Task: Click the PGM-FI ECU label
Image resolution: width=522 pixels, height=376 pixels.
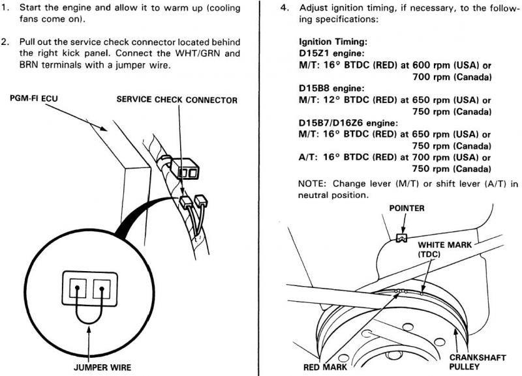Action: pyautogui.click(x=34, y=99)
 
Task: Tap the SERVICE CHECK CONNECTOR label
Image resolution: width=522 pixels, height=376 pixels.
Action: pyautogui.click(x=177, y=100)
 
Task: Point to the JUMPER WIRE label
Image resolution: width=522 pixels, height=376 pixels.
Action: pyautogui.click(x=102, y=368)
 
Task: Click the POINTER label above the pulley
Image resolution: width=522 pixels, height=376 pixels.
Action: pyautogui.click(x=407, y=209)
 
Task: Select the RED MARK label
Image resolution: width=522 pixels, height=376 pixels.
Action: pyautogui.click(x=325, y=367)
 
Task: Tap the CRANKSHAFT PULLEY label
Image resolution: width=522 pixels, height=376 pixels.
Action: pyautogui.click(x=478, y=362)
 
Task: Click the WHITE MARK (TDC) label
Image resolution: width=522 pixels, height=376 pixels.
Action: pyautogui.click(x=445, y=250)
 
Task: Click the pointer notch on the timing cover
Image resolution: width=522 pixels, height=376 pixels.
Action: pyautogui.click(x=402, y=237)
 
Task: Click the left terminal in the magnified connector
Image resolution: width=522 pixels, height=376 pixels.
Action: pyautogui.click(x=78, y=288)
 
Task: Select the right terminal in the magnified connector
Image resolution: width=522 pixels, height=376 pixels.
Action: pyautogui.click(x=102, y=288)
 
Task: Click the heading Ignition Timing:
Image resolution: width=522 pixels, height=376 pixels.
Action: pyautogui.click(x=333, y=42)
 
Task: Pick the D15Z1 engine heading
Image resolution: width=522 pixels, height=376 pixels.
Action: pyautogui.click(x=331, y=53)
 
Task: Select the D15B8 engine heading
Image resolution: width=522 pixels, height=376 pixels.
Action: pyautogui.click(x=331, y=88)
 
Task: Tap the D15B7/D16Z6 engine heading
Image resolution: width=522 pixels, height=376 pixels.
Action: pyautogui.click(x=348, y=123)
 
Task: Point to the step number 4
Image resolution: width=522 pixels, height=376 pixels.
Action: pyautogui.click(x=284, y=8)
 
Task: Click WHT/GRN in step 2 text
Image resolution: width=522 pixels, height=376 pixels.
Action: pyautogui.click(x=192, y=53)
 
